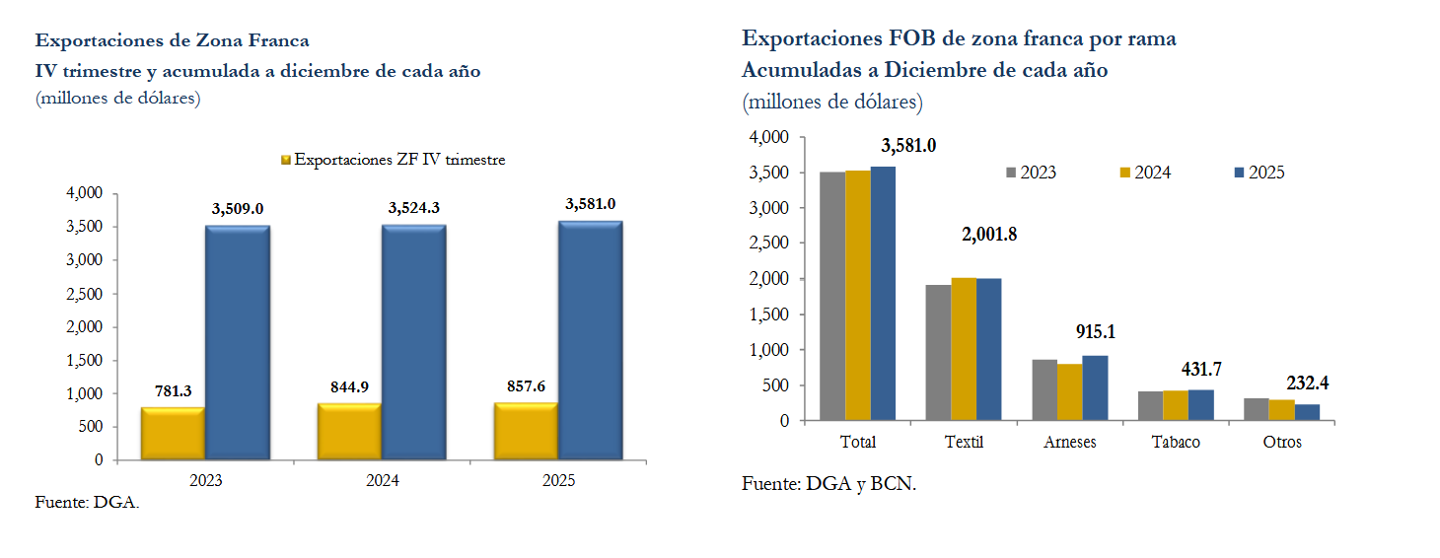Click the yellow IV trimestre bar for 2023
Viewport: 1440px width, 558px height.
click(x=173, y=434)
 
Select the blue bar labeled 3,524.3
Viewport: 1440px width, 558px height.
click(x=413, y=342)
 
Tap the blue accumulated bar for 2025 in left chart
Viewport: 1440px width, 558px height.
click(x=590, y=340)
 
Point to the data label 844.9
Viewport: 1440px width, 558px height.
click(x=349, y=387)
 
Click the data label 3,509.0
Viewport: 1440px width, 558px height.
click(x=238, y=209)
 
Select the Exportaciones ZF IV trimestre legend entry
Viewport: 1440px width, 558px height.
click(x=394, y=160)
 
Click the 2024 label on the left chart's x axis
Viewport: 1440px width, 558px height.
click(x=382, y=481)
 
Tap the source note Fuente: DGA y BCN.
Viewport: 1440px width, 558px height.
click(x=828, y=484)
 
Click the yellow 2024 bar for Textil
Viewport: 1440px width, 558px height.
click(x=964, y=349)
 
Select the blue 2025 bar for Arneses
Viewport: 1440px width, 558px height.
click(x=1095, y=387)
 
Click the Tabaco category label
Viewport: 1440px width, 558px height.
click(x=1176, y=442)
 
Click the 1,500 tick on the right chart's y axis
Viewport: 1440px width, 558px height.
click(x=770, y=314)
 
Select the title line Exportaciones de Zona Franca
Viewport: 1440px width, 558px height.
click(x=173, y=41)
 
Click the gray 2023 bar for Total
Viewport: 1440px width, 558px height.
click(x=832, y=296)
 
